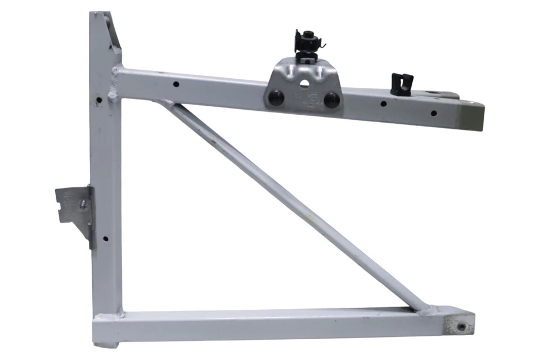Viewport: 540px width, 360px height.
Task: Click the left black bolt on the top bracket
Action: click(275, 97)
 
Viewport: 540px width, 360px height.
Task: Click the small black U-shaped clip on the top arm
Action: click(401, 83)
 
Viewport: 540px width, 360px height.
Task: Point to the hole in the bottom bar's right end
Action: click(461, 327)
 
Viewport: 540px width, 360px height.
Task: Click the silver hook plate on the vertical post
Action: click(74, 208)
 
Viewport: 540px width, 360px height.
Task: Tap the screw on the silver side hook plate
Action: click(83, 204)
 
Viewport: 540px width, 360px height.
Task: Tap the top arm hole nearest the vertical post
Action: click(176, 84)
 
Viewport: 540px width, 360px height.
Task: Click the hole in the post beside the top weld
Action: click(98, 101)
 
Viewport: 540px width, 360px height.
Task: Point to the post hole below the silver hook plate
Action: click(105, 239)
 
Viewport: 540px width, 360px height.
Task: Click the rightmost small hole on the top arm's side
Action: click(434, 113)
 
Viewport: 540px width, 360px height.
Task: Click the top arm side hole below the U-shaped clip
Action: click(382, 104)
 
